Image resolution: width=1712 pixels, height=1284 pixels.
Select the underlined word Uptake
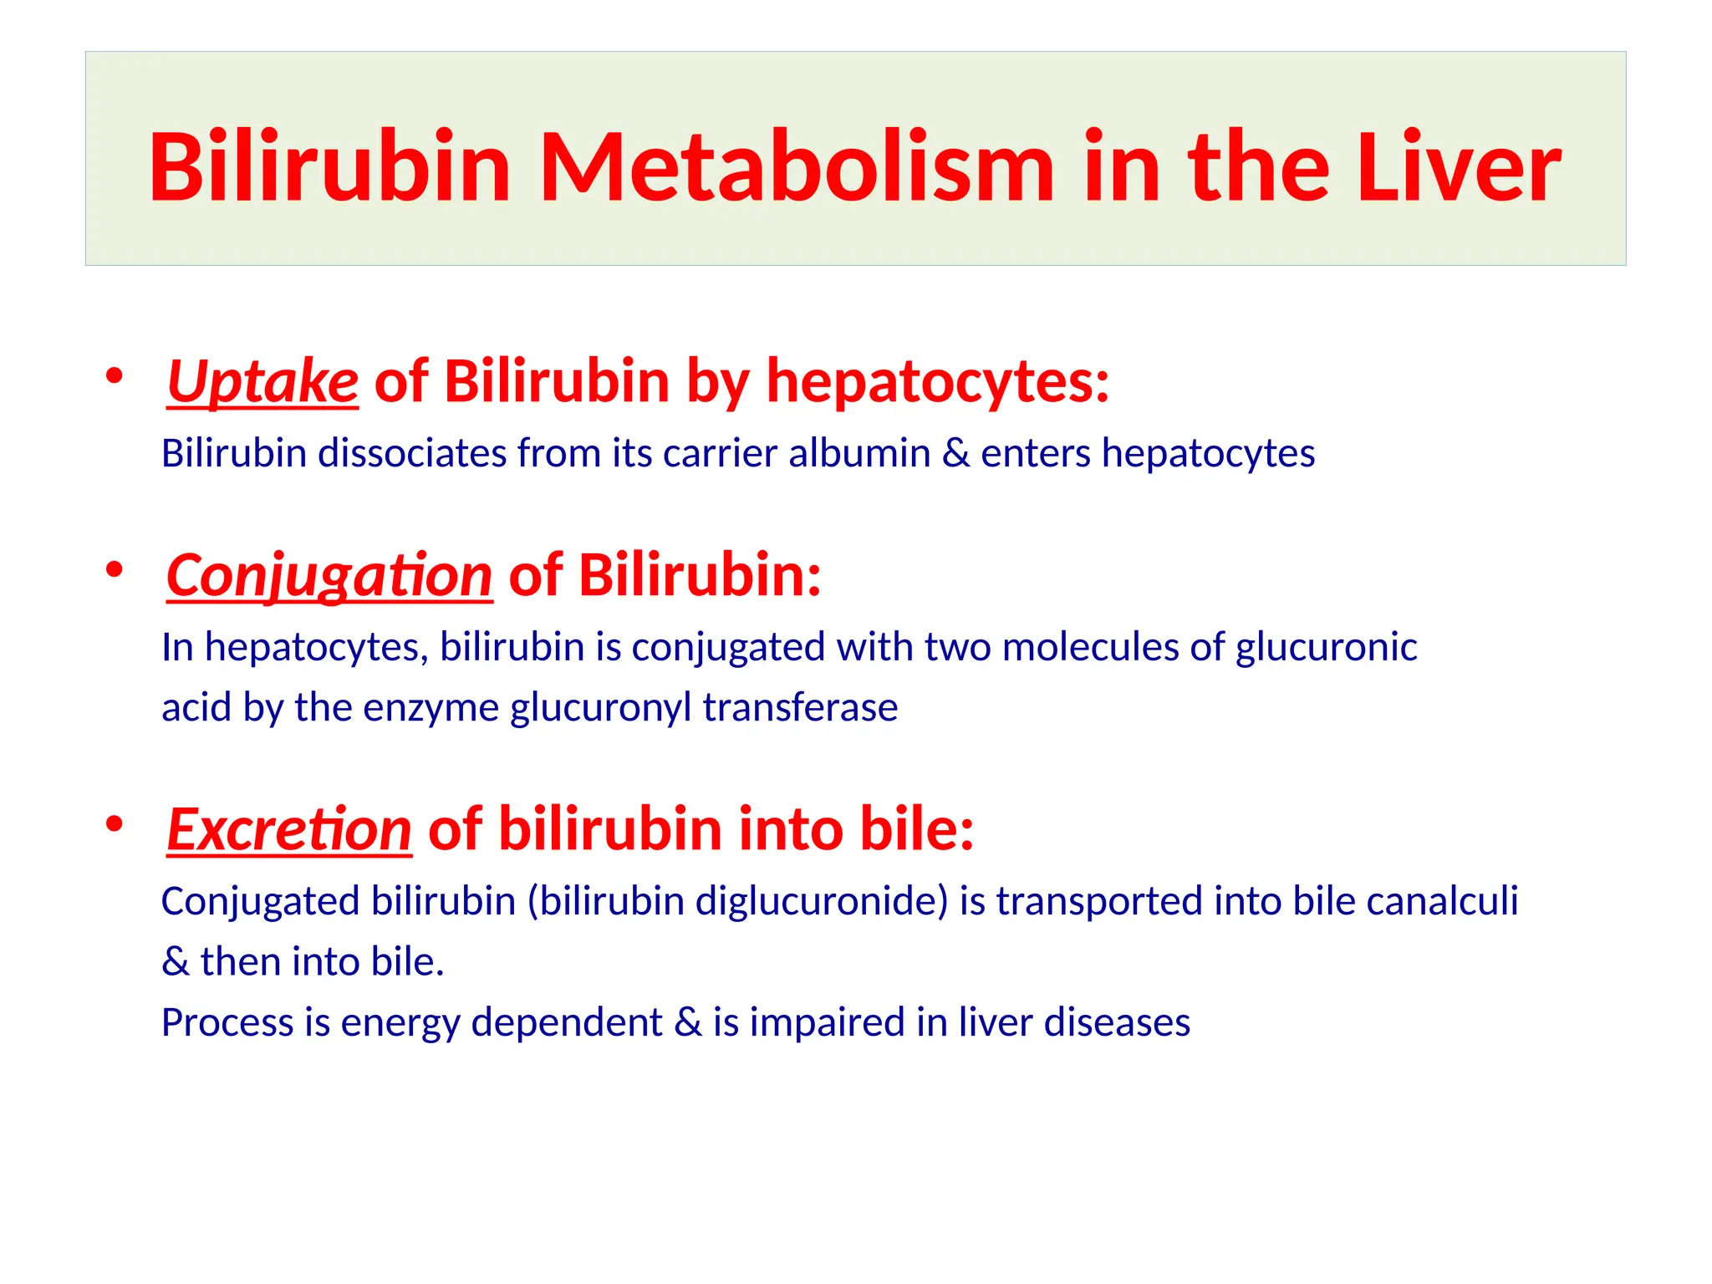pyautogui.click(x=262, y=382)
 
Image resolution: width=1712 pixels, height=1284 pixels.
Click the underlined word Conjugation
pyautogui.click(x=329, y=576)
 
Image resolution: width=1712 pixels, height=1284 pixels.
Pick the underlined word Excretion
pyautogui.click(x=289, y=830)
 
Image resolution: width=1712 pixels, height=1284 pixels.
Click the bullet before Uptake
pyautogui.click(x=115, y=375)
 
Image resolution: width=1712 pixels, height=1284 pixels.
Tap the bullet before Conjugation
pyautogui.click(x=115, y=570)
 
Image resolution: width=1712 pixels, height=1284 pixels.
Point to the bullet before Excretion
pyautogui.click(x=115, y=824)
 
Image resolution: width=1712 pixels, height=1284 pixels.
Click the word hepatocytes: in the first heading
pyautogui.click(x=938, y=382)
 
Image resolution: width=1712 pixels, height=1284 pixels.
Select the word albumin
pyautogui.click(x=859, y=453)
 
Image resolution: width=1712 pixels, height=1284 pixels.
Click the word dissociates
pyautogui.click(x=412, y=453)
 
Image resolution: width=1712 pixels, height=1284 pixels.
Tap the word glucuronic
pyautogui.click(x=1326, y=647)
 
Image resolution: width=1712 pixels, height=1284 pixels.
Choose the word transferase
pyautogui.click(x=800, y=707)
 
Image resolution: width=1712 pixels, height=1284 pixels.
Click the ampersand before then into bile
pyautogui.click(x=176, y=962)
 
